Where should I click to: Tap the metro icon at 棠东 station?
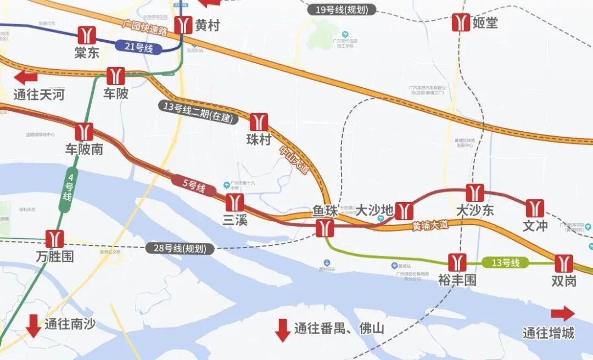[x=87, y=35]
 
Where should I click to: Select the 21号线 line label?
[x=138, y=47]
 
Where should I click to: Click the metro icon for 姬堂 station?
[x=461, y=22]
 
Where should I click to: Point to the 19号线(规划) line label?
[x=342, y=10]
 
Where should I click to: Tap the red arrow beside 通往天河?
[x=26, y=77]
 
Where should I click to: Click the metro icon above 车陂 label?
[x=115, y=76]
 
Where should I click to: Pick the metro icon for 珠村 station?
[x=259, y=122]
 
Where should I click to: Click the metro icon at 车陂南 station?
[x=85, y=132]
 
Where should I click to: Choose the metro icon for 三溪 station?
[x=234, y=202]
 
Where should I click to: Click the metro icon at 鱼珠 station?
[x=325, y=228]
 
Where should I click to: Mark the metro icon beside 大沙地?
[x=404, y=211]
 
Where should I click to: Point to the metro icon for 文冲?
[x=534, y=208]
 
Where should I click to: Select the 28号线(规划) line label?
[x=180, y=248]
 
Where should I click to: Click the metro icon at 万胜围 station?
[x=55, y=239]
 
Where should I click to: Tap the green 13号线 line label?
[x=505, y=263]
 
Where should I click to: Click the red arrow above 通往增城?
[x=562, y=313]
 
